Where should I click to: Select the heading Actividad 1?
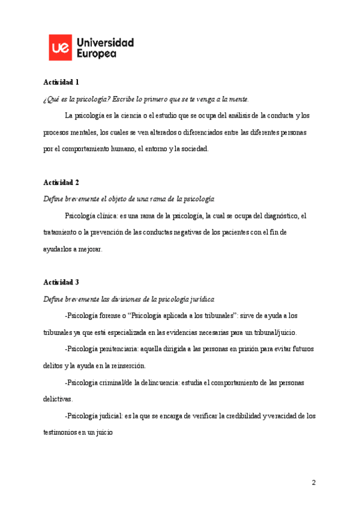pyautogui.click(x=61, y=82)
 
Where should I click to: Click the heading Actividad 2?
pyautogui.click(x=61, y=182)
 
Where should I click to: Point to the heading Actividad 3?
pyautogui.click(x=61, y=282)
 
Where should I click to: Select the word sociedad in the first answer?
pyautogui.click(x=193, y=149)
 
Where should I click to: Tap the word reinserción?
pyautogui.click(x=125, y=366)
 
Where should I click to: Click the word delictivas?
pyautogui.click(x=58, y=399)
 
